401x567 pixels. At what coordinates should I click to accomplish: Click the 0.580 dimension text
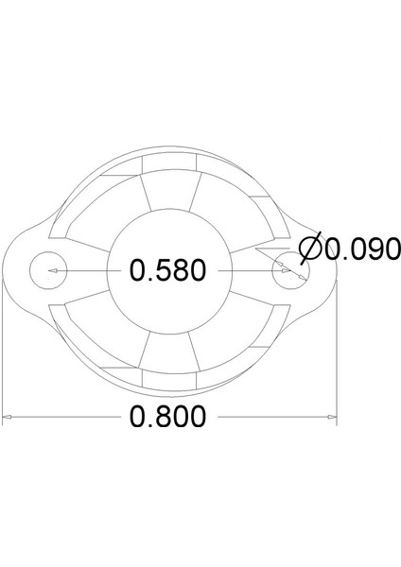tap(167, 271)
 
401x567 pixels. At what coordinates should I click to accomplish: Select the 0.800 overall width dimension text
tap(167, 417)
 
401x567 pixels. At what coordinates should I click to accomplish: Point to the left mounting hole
tap(46, 271)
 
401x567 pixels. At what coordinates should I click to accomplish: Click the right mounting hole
tap(287, 271)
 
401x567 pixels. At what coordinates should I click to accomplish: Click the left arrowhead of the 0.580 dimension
tap(53, 271)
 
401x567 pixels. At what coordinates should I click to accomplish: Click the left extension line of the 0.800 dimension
tap(3, 359)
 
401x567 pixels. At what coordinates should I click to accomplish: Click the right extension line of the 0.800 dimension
tap(337, 359)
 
